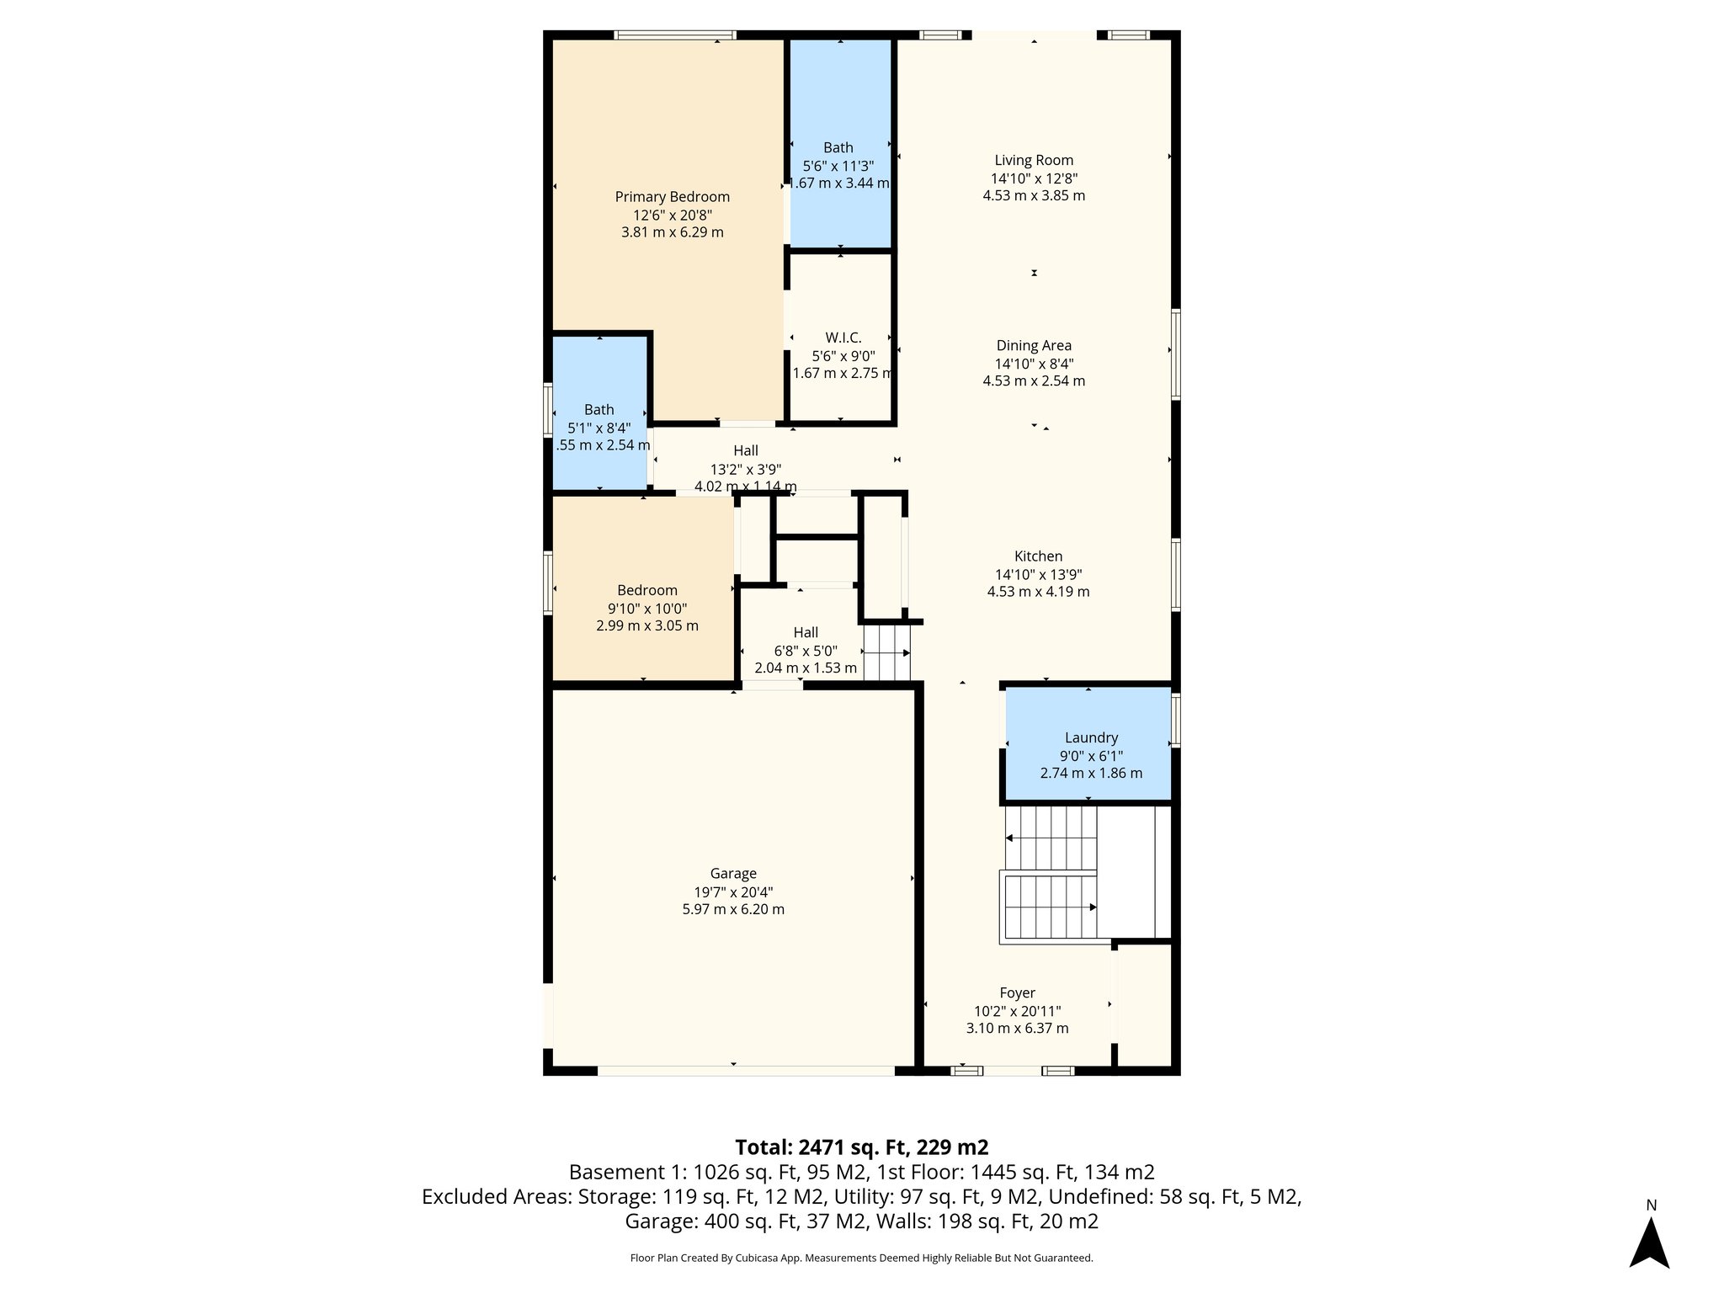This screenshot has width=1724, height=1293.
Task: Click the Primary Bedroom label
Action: pyautogui.click(x=672, y=197)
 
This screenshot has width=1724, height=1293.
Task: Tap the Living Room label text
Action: pyautogui.click(x=1034, y=160)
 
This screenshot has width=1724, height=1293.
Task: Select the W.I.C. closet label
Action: pyautogui.click(x=843, y=338)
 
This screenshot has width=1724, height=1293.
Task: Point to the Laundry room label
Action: pyautogui.click(x=1091, y=738)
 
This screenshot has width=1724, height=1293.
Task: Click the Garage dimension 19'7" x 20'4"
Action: pyautogui.click(x=732, y=892)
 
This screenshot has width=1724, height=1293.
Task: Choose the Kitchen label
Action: pyautogui.click(x=1038, y=556)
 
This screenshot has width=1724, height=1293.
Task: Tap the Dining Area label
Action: pyautogui.click(x=1034, y=346)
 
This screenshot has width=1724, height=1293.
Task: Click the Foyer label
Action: pyautogui.click(x=1017, y=993)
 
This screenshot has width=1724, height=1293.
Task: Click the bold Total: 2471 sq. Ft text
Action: pyautogui.click(x=861, y=1147)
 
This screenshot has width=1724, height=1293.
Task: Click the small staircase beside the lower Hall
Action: pyautogui.click(x=886, y=652)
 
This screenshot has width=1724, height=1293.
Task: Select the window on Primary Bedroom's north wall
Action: pyautogui.click(x=674, y=35)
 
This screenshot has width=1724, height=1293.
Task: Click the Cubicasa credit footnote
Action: pyautogui.click(x=861, y=1258)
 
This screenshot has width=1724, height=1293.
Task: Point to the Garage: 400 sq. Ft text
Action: pyautogui.click(x=710, y=1221)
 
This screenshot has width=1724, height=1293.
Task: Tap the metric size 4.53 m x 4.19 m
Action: pyautogui.click(x=1038, y=592)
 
